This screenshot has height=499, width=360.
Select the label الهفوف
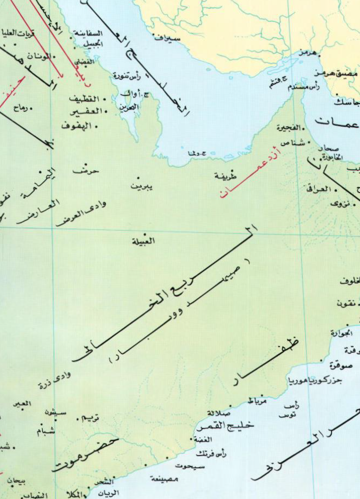coord(76,126)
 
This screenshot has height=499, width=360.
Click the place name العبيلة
coord(144,241)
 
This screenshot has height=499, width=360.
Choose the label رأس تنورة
coord(127,75)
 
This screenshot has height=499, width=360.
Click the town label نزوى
coord(340,204)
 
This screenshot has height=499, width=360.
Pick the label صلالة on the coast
coord(219,413)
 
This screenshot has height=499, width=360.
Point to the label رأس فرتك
coord(211,454)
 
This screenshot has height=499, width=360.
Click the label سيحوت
coord(185,466)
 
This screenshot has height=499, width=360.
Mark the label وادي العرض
coord(81,214)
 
